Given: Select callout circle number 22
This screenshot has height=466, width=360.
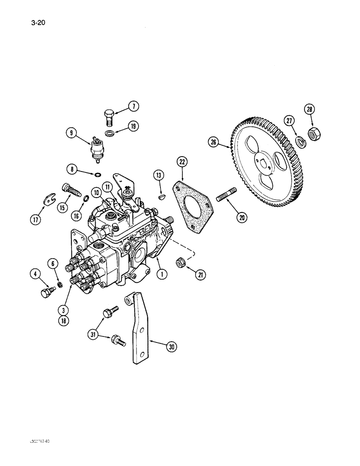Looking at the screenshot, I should pos(182,163).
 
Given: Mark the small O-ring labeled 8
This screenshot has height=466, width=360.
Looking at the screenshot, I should pos(97,175).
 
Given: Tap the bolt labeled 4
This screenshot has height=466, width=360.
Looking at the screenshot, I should pos(46,293).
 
